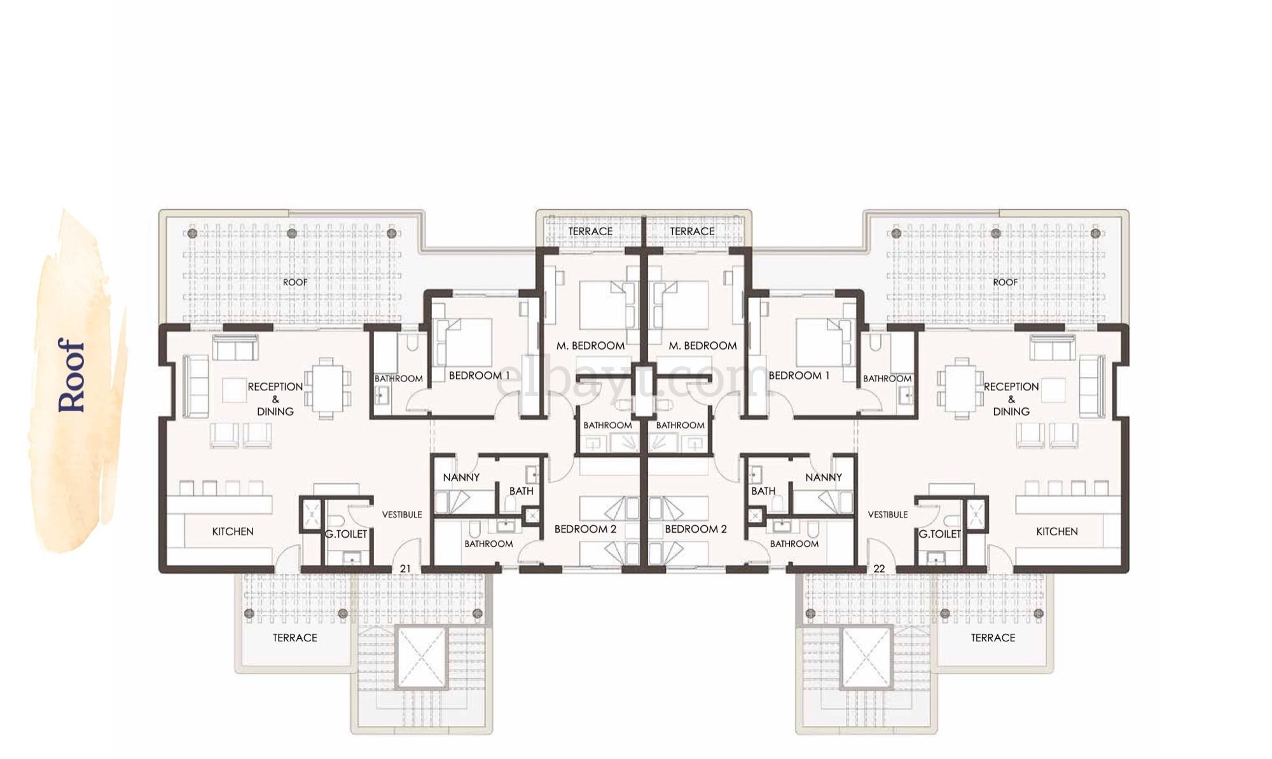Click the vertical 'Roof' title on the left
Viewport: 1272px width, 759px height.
pos(71,375)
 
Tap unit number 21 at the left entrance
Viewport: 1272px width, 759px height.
pos(405,568)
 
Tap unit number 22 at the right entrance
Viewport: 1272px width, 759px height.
pos(879,568)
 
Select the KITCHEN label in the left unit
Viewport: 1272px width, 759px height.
pos(233,531)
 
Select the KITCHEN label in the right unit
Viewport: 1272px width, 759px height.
pos(1056,531)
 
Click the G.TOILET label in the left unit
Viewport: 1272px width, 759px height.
pos(346,534)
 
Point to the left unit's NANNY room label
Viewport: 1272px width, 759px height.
pos(461,477)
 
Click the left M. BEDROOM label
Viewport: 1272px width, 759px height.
pos(590,346)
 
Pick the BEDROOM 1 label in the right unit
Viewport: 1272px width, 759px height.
pos(799,376)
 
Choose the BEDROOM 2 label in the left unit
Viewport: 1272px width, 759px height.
pos(585,529)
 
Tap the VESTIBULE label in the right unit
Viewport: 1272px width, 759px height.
pos(887,514)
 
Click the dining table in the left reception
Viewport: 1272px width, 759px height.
pos(326,388)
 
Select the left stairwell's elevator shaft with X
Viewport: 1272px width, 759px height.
pos(421,657)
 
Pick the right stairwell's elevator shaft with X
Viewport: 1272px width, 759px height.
pos(866,657)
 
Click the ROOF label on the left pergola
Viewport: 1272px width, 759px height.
pos(295,282)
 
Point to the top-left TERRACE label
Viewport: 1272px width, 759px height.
pos(590,231)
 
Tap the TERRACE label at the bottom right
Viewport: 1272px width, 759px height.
pos(993,638)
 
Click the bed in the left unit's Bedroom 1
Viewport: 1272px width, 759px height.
pos(465,341)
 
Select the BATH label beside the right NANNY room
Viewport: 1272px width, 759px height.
pos(763,491)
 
